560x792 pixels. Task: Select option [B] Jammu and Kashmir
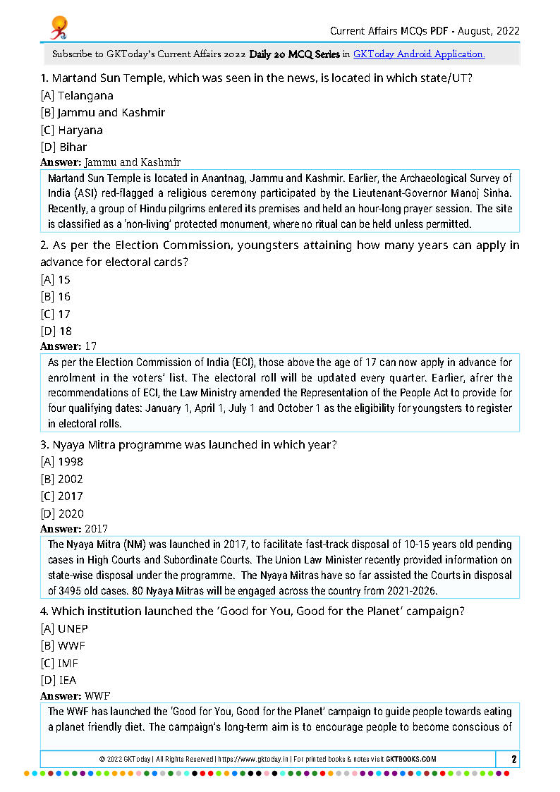(x=103, y=113)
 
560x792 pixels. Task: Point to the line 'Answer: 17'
(x=68, y=346)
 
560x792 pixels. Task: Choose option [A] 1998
(x=62, y=462)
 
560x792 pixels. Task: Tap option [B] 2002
(x=62, y=480)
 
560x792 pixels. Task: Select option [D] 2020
(x=62, y=514)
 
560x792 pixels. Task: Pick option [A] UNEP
(x=65, y=629)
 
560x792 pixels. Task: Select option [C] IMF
(x=60, y=664)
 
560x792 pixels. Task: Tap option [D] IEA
(x=59, y=681)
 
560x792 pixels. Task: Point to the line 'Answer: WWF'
(x=75, y=696)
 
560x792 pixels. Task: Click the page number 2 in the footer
(x=514, y=760)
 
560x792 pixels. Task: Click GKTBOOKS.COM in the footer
(x=410, y=760)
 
